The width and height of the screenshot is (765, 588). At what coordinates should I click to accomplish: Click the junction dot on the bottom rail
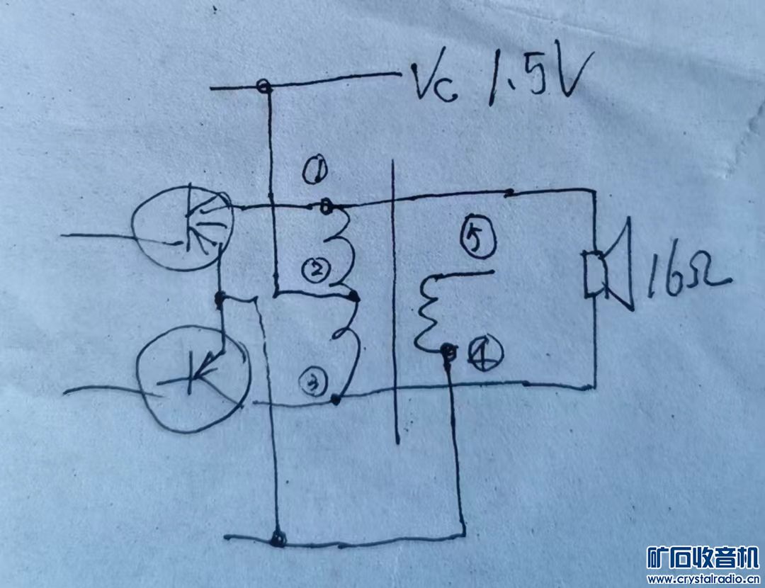[278, 539]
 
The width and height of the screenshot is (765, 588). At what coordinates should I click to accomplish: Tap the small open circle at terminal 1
[325, 206]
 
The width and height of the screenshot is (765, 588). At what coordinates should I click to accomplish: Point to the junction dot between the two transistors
[220, 298]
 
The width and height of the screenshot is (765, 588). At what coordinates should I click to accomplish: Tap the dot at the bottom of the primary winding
[336, 402]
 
